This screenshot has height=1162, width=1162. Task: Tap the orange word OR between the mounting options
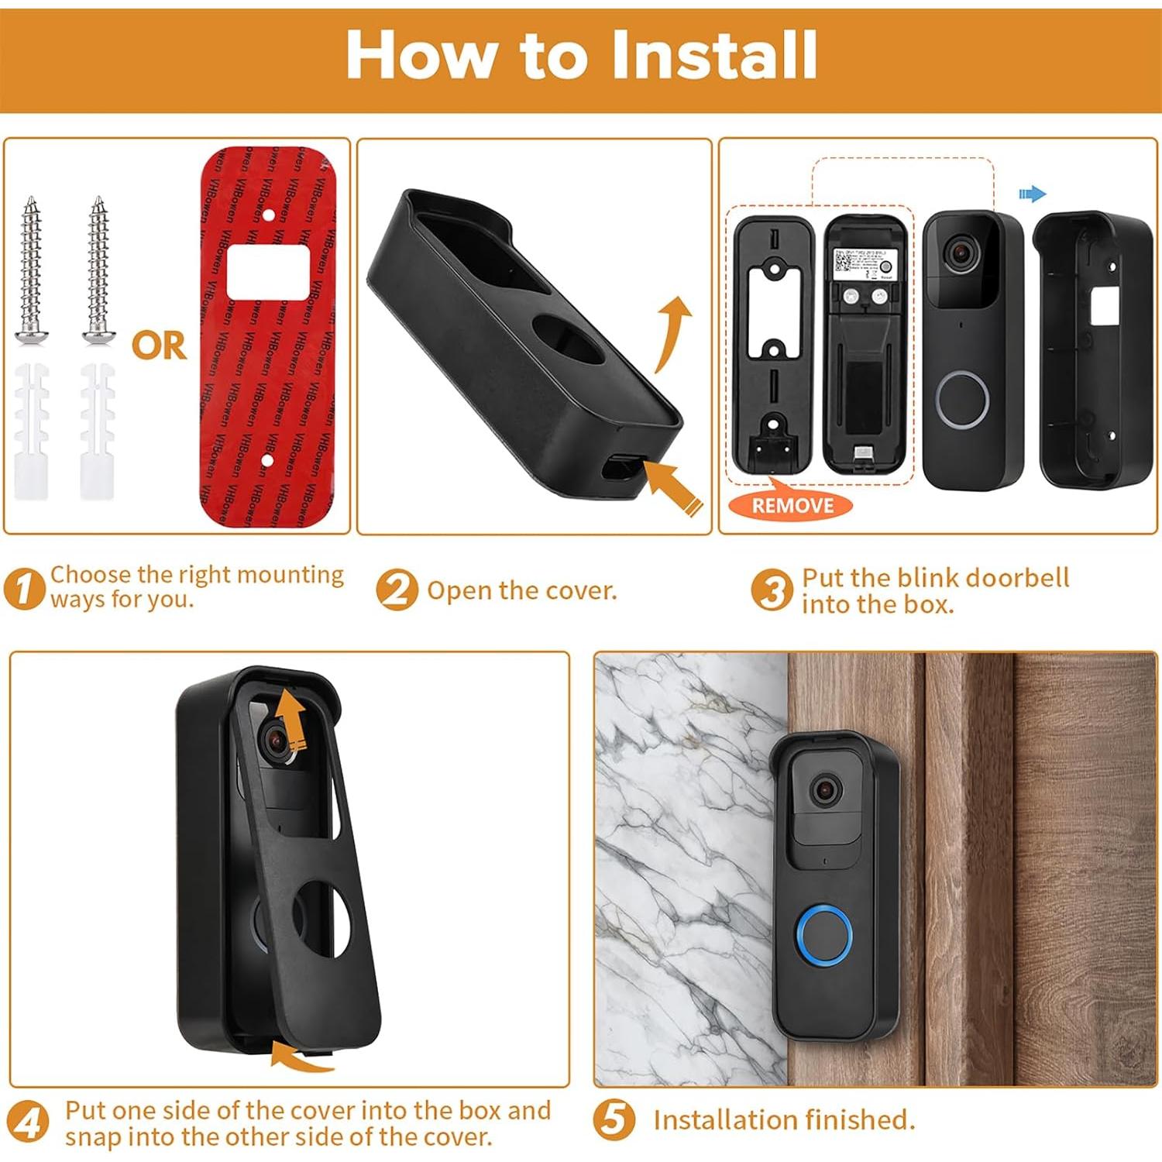click(159, 346)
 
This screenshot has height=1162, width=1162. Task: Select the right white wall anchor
click(97, 430)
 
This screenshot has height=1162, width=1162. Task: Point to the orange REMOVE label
click(792, 506)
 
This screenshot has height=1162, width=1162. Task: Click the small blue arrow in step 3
click(1032, 194)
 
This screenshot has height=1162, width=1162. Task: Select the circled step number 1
click(23, 589)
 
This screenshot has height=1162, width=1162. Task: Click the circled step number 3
click(772, 590)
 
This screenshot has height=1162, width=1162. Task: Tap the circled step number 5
click(614, 1120)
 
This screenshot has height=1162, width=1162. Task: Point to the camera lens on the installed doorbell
click(826, 790)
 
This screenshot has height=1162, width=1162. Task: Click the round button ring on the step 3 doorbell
click(963, 399)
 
